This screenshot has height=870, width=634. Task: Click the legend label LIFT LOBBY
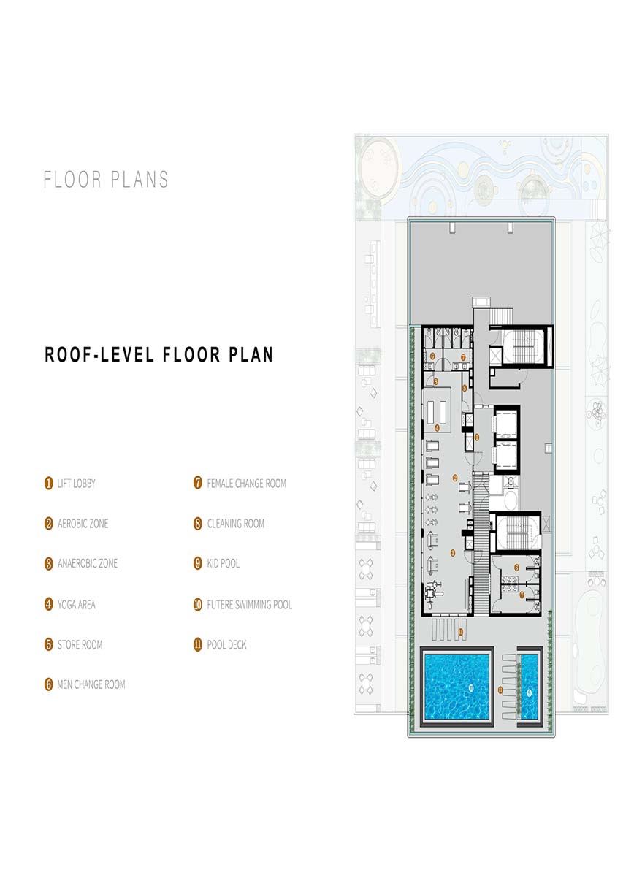pos(76,484)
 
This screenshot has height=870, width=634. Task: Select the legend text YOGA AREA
pos(77,604)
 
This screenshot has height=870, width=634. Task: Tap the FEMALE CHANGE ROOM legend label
pos(246,484)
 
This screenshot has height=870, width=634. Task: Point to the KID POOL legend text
pos(223,563)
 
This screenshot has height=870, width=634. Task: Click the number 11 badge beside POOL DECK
pos(197,645)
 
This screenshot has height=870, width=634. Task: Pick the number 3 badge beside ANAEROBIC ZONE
pos(49,564)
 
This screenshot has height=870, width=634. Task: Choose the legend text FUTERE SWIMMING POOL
pos(249,604)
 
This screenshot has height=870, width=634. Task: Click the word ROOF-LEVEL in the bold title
pos(99,354)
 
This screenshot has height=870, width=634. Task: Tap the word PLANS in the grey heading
pos(140,179)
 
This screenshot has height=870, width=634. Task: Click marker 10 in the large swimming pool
pos(471,688)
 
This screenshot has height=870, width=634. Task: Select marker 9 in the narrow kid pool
pos(529,692)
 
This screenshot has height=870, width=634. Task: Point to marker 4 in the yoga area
pos(437,428)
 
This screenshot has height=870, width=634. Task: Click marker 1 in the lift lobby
pos(477,438)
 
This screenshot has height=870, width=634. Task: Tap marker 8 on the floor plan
pos(436,381)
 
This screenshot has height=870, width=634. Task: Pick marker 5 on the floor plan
pos(465,388)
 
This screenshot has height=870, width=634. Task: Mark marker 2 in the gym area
pos(455,478)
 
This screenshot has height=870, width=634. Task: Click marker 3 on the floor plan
pos(453,553)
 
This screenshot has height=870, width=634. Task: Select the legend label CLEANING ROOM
pos(236,523)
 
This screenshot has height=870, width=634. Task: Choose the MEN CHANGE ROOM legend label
pos(91,684)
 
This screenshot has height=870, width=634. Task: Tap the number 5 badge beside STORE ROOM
pos(49,645)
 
